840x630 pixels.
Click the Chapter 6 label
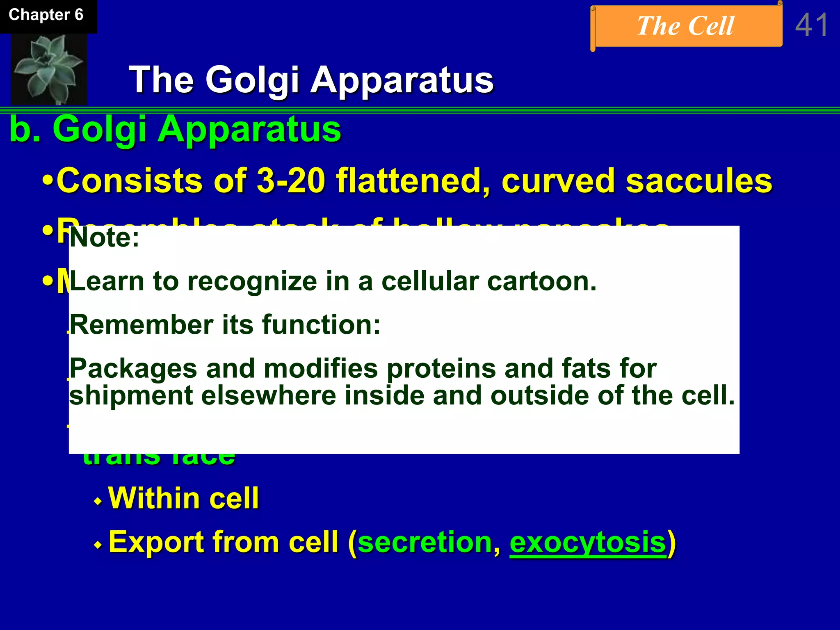point(46,15)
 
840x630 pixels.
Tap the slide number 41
point(811,25)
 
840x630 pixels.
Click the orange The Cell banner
point(686,26)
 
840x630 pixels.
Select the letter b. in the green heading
point(25,130)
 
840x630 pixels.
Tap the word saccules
point(699,181)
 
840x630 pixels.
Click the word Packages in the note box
point(133,368)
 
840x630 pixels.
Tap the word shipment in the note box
point(131,396)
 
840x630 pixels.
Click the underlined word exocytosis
point(588,543)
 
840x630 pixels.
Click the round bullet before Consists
point(48,181)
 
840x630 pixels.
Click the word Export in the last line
point(156,543)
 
